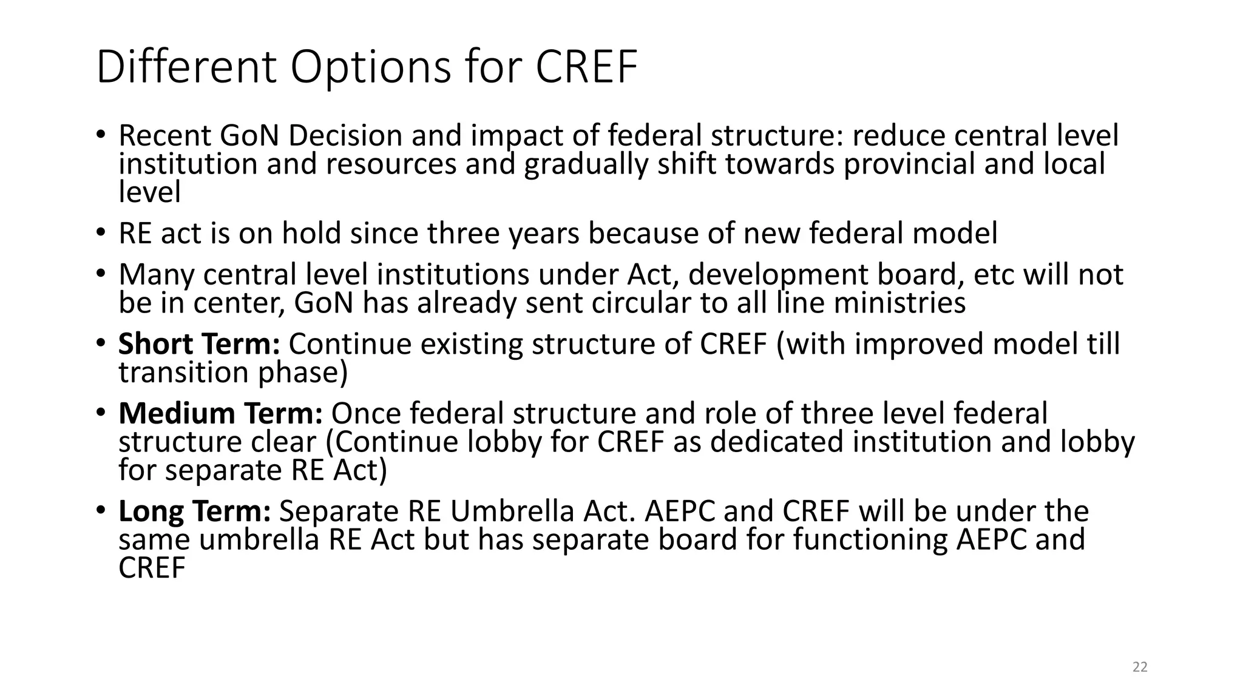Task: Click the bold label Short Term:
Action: [x=199, y=344]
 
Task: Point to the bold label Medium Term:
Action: [x=220, y=414]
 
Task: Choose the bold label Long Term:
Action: [x=194, y=512]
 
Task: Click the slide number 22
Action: [x=1140, y=667]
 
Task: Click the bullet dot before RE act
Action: [x=101, y=234]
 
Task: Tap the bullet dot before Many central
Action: [x=101, y=274]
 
